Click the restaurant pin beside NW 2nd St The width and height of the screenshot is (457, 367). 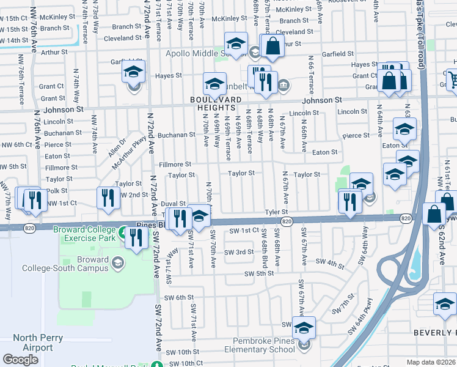pos(106,198)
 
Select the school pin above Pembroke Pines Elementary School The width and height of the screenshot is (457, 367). pos(304,327)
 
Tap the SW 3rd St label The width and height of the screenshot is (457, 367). pos(238,252)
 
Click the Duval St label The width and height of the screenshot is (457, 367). pos(174,204)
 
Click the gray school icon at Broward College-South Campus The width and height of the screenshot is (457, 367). pos(118,263)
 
